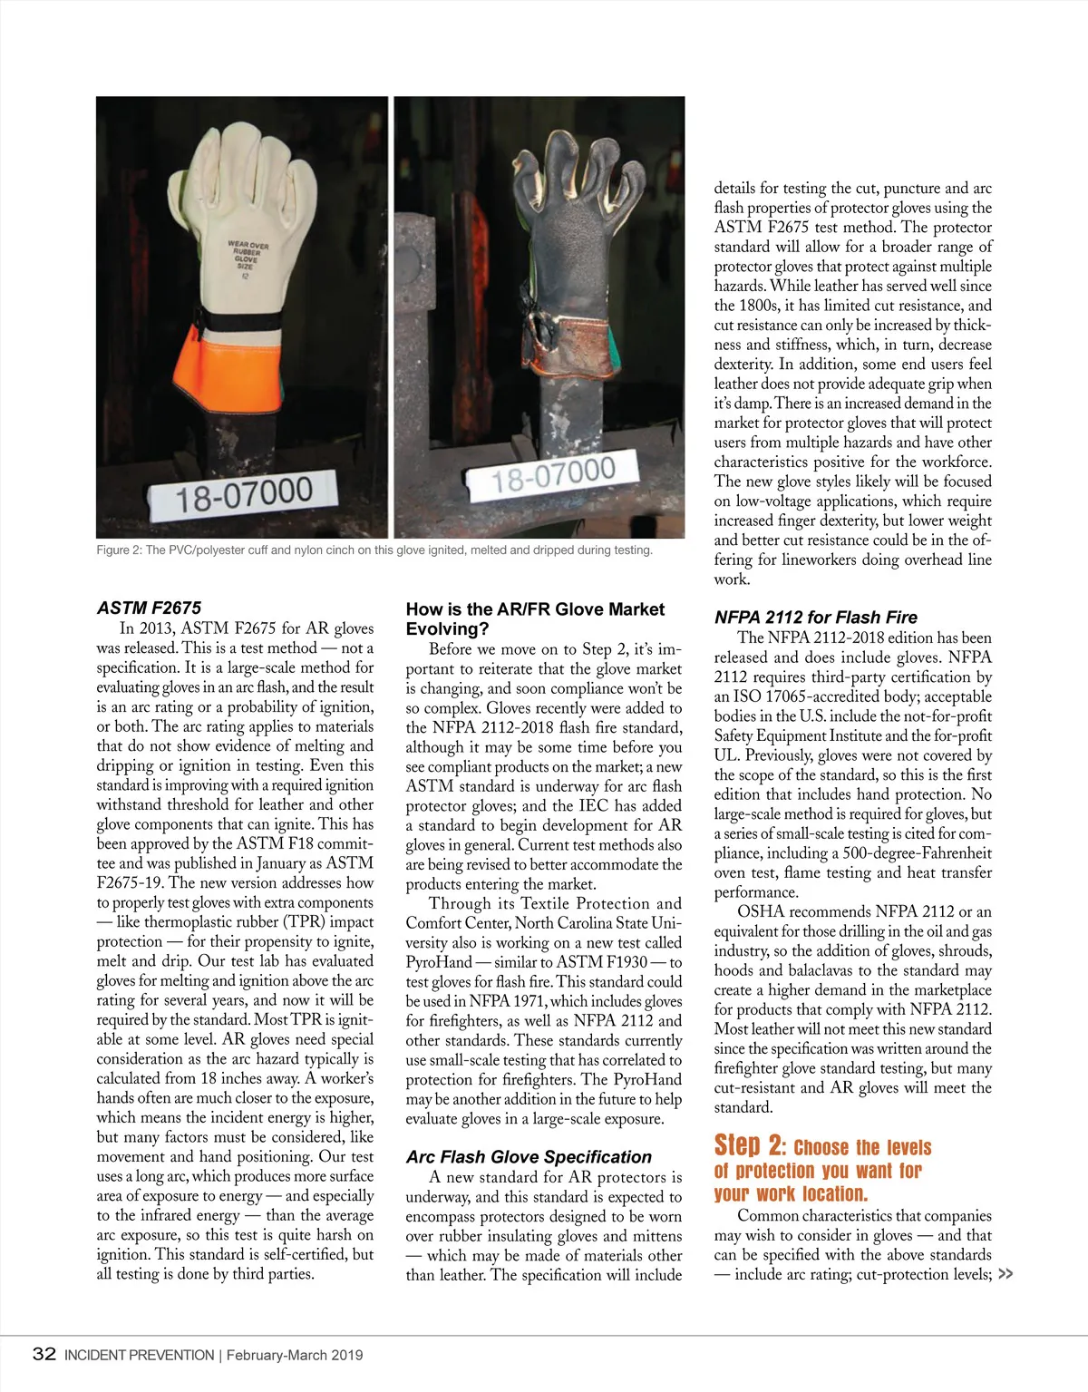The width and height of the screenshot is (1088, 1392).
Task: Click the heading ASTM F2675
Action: pyautogui.click(x=149, y=608)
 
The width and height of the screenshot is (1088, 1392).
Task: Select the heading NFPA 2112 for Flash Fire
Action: pyautogui.click(x=815, y=617)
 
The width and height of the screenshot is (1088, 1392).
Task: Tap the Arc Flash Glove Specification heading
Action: pyautogui.click(x=529, y=1157)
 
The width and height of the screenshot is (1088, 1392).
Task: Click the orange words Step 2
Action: pyautogui.click(x=749, y=1145)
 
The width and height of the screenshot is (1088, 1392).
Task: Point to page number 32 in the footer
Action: pyautogui.click(x=44, y=1354)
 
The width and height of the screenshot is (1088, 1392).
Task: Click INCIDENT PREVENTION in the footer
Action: pyautogui.click(x=139, y=1355)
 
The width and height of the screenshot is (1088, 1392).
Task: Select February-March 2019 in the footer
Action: pyautogui.click(x=295, y=1355)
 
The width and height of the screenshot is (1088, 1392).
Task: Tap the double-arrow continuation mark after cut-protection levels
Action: pyautogui.click(x=1005, y=1274)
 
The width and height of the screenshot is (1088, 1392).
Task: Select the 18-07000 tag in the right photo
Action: pyautogui.click(x=554, y=474)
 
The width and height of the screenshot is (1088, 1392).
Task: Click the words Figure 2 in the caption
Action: pyautogui.click(x=118, y=550)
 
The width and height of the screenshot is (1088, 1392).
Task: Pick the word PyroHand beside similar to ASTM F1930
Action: pyautogui.click(x=439, y=962)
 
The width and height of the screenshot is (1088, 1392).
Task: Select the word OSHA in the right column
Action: pyautogui.click(x=757, y=911)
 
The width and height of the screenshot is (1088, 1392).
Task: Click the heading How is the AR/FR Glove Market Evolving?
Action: pyautogui.click(x=535, y=618)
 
